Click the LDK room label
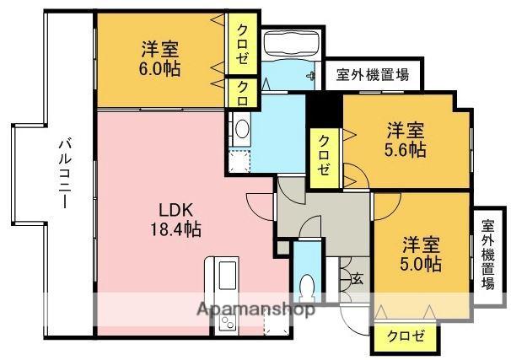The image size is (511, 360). [x=176, y=210]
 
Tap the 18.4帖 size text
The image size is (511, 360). [x=175, y=228]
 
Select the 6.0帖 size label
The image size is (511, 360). [x=159, y=69]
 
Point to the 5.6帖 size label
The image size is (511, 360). [x=405, y=150]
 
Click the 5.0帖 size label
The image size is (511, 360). [x=421, y=264]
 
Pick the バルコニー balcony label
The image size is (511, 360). [x=66, y=174]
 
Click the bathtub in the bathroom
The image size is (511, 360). [x=291, y=44]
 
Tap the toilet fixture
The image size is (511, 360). [x=307, y=287]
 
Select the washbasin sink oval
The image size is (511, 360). [x=242, y=129]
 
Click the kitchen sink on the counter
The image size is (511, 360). [x=227, y=275]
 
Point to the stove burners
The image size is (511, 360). [x=227, y=322]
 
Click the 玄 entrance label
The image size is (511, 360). [x=358, y=279]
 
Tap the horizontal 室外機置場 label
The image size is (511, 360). [x=373, y=75]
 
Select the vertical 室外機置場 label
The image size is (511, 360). [x=488, y=255]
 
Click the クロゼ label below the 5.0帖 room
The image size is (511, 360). [x=406, y=336]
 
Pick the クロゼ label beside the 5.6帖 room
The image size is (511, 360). [x=324, y=156]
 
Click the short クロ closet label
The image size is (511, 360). [x=243, y=94]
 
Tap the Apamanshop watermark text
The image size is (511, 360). [x=255, y=309]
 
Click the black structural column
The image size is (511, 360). [x=325, y=110]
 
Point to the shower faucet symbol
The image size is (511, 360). [x=310, y=76]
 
